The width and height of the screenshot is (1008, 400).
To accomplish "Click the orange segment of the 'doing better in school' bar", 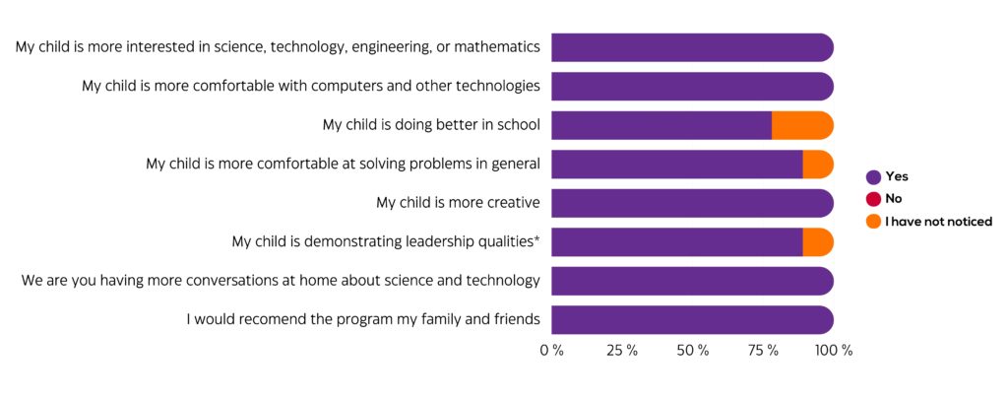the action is [x=802, y=125].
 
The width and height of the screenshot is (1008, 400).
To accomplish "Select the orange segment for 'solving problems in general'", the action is [x=818, y=164].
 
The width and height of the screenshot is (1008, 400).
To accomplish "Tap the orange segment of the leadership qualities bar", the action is [x=818, y=241].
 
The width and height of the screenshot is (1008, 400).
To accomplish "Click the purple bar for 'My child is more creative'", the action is [x=692, y=203].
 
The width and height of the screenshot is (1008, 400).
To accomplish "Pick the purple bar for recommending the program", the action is [x=692, y=319].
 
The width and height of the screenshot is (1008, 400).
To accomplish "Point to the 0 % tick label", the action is [x=551, y=351].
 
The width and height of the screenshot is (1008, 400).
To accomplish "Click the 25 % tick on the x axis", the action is [x=623, y=351].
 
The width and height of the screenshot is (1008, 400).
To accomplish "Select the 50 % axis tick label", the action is [x=694, y=351].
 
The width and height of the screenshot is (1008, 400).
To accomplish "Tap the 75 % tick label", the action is [x=764, y=351].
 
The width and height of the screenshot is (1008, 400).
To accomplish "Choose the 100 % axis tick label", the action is [x=834, y=351].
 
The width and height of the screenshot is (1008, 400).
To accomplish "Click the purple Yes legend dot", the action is [x=873, y=177].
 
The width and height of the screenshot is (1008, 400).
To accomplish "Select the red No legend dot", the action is [x=873, y=199].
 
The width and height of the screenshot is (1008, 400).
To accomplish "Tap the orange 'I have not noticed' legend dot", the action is [x=873, y=222].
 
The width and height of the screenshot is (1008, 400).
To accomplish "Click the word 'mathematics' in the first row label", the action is [x=502, y=47].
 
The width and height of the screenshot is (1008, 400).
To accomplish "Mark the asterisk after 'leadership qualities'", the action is [x=536, y=239].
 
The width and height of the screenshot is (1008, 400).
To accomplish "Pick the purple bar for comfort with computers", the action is [x=692, y=86].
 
